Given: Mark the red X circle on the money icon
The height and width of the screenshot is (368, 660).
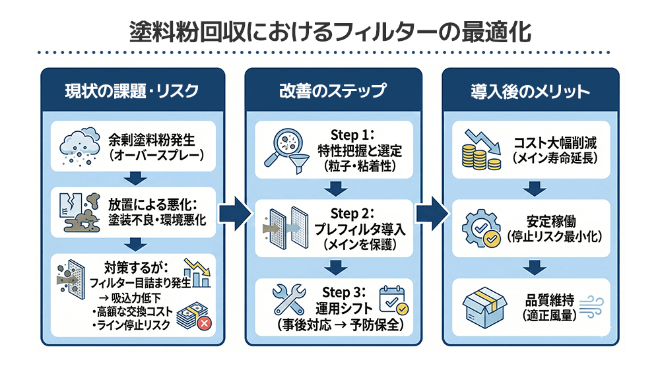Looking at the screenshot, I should click(204, 324).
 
